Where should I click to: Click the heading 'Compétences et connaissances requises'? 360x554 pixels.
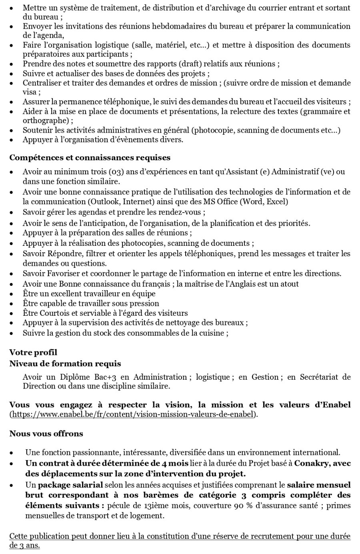[x=90, y=157]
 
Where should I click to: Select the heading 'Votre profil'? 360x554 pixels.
[x=33, y=352]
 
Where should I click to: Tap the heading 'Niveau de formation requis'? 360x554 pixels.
[x=65, y=363]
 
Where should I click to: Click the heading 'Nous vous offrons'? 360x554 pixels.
[x=46, y=433]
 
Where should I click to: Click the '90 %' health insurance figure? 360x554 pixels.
[x=242, y=505]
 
